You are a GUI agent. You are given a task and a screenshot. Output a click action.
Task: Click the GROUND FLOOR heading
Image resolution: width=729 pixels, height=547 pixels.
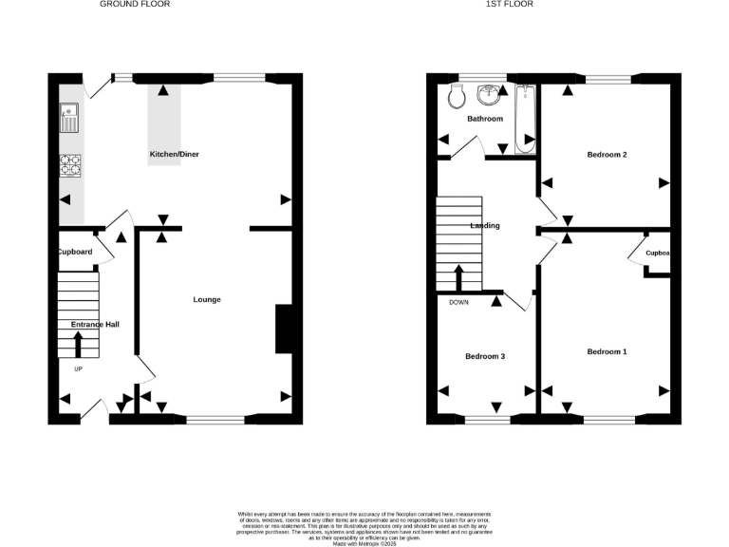pos(135,4)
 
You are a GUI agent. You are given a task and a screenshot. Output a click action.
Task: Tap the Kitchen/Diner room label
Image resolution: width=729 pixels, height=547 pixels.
pos(174,154)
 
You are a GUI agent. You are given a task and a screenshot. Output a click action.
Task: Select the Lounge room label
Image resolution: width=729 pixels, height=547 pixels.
pos(207,299)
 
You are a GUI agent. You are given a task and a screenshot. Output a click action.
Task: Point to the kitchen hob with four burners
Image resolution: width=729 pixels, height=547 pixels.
pos(70,166)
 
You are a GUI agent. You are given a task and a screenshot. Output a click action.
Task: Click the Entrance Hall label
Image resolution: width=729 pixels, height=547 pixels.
pos(95,325)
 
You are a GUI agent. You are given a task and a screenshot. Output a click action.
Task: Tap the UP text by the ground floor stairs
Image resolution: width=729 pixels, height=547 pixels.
pos(79,368)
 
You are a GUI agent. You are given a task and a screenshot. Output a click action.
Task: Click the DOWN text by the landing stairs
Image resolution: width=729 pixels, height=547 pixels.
pos(458,302)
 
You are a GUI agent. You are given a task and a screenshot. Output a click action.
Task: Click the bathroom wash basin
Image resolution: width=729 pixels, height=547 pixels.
pos(490,94)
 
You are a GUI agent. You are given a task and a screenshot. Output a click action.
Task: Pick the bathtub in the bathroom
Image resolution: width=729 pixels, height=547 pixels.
pos(525,118)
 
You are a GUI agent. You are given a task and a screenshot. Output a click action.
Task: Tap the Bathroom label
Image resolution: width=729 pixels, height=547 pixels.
pos(484,119)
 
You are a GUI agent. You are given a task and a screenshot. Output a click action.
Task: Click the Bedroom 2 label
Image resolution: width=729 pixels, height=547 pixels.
pos(607,154)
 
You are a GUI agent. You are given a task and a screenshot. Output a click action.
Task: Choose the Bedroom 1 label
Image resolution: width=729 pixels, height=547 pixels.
pos(607,351)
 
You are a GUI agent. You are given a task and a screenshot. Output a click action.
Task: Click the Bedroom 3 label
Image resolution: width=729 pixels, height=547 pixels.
pos(484,356)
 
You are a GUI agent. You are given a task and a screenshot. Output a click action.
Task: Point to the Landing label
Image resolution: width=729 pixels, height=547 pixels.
pos(485,226)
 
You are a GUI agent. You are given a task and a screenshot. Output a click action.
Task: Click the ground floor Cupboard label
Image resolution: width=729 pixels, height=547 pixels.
pos(74,252)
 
